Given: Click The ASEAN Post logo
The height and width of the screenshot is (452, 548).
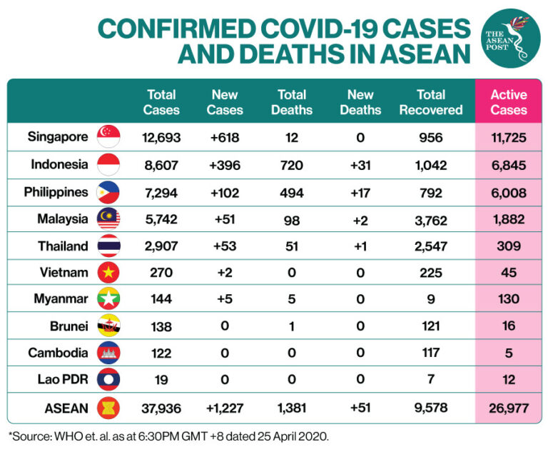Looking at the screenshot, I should pyautogui.click(x=512, y=39).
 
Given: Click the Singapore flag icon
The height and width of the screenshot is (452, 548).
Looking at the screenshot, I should pyautogui.click(x=108, y=137).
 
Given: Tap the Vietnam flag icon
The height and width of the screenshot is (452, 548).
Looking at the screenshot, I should pyautogui.click(x=108, y=272).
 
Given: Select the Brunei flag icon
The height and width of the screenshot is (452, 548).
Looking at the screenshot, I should pyautogui.click(x=108, y=326).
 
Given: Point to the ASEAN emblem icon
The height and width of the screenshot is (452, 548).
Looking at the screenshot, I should pyautogui.click(x=108, y=408).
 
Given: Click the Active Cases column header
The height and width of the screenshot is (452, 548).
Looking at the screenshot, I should pyautogui.click(x=508, y=102).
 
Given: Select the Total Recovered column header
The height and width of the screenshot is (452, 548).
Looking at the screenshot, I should pyautogui.click(x=431, y=102).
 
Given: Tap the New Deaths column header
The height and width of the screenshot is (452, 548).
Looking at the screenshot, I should pyautogui.click(x=360, y=102).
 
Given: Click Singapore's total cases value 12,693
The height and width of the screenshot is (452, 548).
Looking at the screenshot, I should pyautogui.click(x=161, y=138).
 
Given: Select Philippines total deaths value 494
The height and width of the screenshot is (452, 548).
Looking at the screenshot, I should pyautogui.click(x=292, y=192).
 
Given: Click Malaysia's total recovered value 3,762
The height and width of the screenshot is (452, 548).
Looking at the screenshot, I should pyautogui.click(x=431, y=219).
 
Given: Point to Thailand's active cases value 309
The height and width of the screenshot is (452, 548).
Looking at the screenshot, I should pyautogui.click(x=509, y=246).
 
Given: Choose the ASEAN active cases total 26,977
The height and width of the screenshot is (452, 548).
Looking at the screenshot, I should pyautogui.click(x=509, y=408).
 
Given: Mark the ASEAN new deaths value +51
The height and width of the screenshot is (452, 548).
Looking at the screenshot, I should pyautogui.click(x=360, y=408).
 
